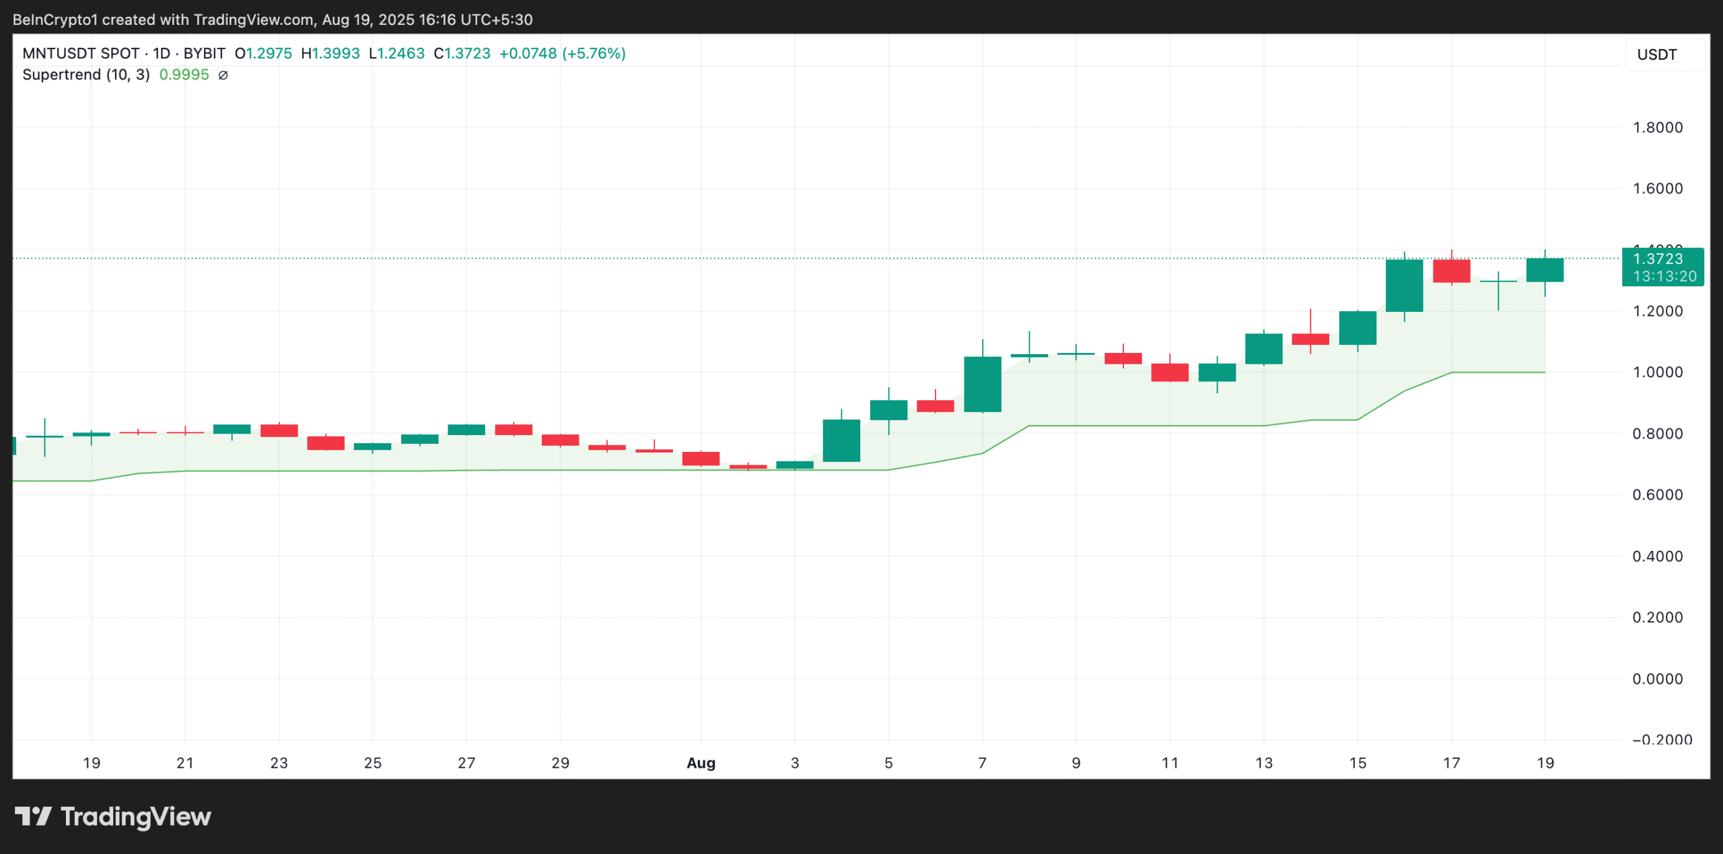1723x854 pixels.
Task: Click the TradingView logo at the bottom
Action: pyautogui.click(x=113, y=817)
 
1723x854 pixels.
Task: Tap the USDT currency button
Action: pyautogui.click(x=1656, y=55)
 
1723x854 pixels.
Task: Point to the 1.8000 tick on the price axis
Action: pyautogui.click(x=1657, y=127)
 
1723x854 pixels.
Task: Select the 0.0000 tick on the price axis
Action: pyautogui.click(x=1657, y=679)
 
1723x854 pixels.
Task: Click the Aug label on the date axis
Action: pyautogui.click(x=701, y=763)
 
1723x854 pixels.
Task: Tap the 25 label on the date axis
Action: pyautogui.click(x=372, y=763)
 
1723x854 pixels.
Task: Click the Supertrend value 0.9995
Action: pyautogui.click(x=184, y=75)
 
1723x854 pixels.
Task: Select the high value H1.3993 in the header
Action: pyautogui.click(x=330, y=53)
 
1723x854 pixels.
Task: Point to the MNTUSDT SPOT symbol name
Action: pyautogui.click(x=81, y=53)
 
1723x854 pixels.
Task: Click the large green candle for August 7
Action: pyautogui.click(x=982, y=384)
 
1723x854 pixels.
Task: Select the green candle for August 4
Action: pyautogui.click(x=841, y=440)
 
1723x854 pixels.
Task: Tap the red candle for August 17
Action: pyautogui.click(x=1451, y=271)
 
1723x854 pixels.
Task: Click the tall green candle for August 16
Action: pyautogui.click(x=1404, y=286)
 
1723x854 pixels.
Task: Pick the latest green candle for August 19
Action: pyautogui.click(x=1545, y=270)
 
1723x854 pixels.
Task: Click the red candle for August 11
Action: pyautogui.click(x=1170, y=372)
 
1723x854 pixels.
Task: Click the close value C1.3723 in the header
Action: pyautogui.click(x=462, y=53)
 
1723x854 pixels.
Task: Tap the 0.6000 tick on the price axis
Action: pyautogui.click(x=1657, y=495)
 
